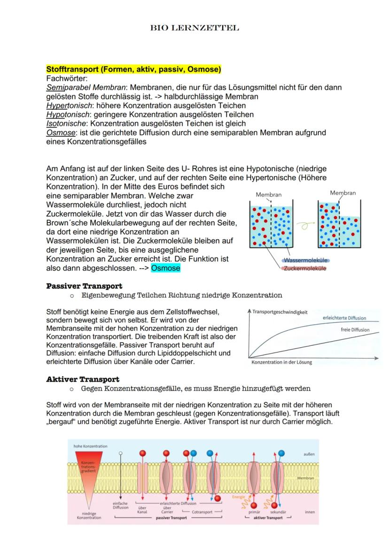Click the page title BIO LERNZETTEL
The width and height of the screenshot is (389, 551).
[x=194, y=28]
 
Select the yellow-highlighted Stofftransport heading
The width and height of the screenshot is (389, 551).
[x=133, y=70]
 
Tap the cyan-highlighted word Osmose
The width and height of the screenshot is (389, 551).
[x=165, y=268]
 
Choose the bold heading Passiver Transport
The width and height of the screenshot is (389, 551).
[x=84, y=286]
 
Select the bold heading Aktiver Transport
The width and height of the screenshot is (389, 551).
[x=83, y=379]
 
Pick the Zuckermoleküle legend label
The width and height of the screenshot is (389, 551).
[x=305, y=268]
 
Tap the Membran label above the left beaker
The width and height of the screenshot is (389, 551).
[x=269, y=194]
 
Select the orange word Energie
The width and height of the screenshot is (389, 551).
[x=239, y=497]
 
